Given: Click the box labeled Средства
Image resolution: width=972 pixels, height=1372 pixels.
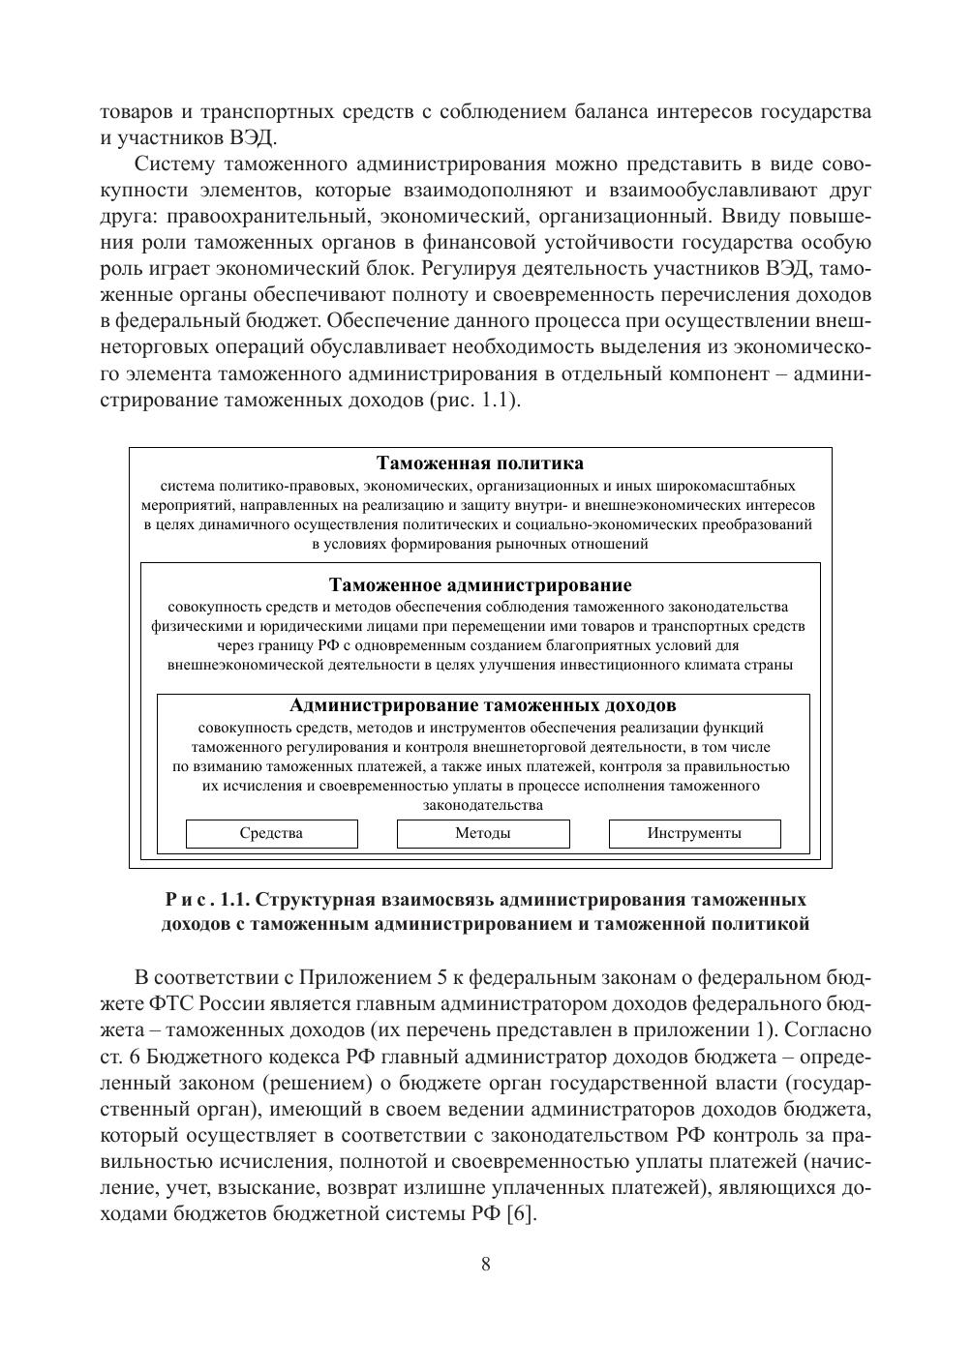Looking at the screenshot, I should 271,833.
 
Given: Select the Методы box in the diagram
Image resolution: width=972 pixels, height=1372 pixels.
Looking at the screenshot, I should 483,833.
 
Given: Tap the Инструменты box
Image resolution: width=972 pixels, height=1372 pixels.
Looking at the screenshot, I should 694,833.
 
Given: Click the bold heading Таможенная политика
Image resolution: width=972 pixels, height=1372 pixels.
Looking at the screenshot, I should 480,463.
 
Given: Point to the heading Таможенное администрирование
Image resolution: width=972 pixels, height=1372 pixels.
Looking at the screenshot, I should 480,585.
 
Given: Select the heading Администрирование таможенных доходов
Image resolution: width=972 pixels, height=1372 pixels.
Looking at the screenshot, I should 482,705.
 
